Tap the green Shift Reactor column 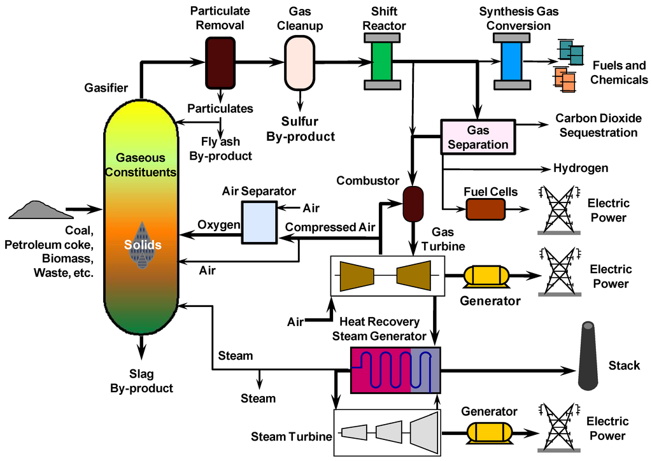click(x=381, y=61)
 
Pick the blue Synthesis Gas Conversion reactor click(x=511, y=61)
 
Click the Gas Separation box click(x=478, y=137)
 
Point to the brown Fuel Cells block click(x=485, y=209)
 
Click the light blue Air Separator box click(x=259, y=222)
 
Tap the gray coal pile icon click(x=36, y=209)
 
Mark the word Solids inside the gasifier click(x=143, y=245)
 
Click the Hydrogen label click(x=581, y=169)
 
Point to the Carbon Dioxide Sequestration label click(x=596, y=125)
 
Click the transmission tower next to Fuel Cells click(x=558, y=209)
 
